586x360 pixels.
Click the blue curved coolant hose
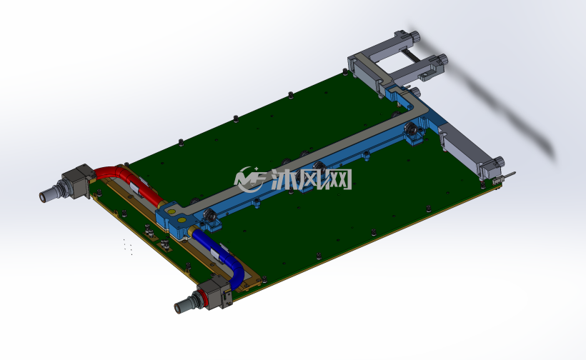pos(224,254)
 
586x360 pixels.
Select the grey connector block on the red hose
pos(78,181)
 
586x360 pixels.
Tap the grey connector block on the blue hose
pos(215,293)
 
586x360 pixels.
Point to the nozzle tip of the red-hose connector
pos(46,196)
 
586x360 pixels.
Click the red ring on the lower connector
pos(205,299)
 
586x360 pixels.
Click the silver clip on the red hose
pos(136,189)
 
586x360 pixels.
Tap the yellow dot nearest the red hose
pos(172,211)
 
